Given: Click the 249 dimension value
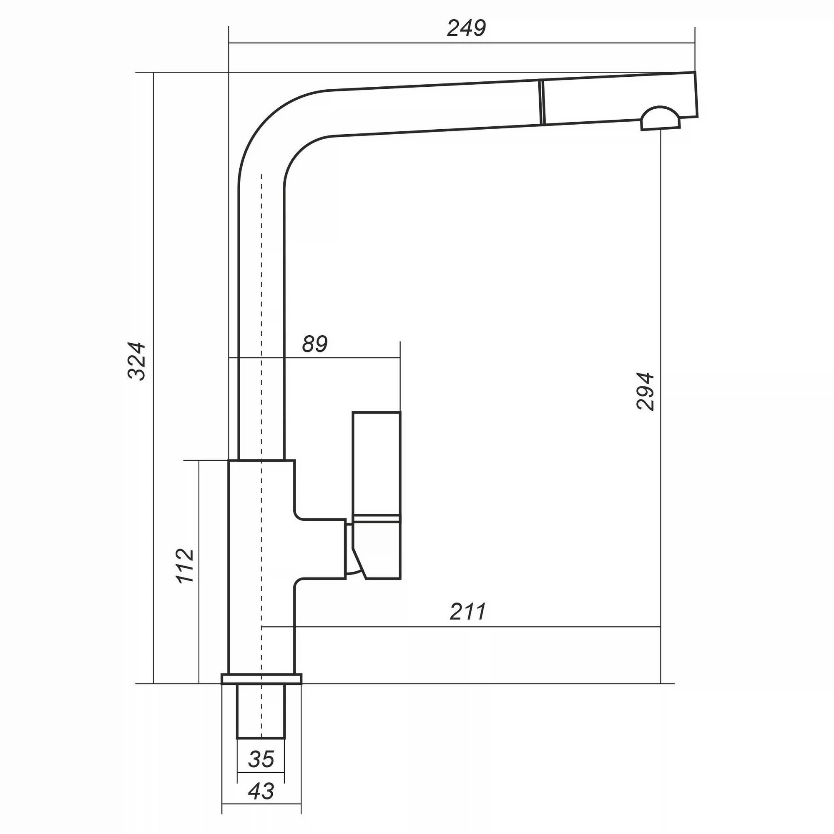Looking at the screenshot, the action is pos(466,28).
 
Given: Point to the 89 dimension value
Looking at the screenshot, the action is pos(315,344).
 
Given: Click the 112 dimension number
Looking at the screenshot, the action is pos(186,566).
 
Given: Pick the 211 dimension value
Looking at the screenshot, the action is pos(467,611).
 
